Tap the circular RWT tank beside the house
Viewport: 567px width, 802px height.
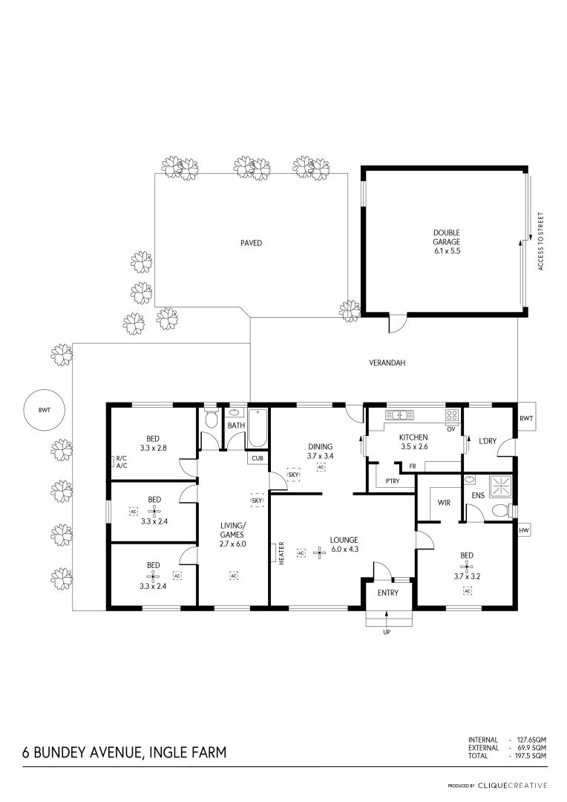coord(45,410)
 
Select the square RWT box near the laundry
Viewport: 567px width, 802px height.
coord(525,418)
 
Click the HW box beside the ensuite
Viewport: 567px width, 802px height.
coord(523,532)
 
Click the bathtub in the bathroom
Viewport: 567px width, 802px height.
coord(257,428)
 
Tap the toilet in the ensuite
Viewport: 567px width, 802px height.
coord(501,510)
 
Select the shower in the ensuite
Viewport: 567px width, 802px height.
coord(501,486)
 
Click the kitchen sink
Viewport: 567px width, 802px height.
coord(400,415)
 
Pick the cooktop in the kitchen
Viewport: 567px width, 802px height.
coord(452,415)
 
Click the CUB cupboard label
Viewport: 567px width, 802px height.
coord(258,458)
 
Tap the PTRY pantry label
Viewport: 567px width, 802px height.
coord(393,481)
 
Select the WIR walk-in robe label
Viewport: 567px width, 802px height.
coord(444,503)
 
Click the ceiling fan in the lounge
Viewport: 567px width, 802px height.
coord(320,553)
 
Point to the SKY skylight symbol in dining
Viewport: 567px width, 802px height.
coord(293,475)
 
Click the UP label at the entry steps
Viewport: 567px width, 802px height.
coord(387,633)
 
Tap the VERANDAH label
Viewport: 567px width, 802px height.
coord(387,363)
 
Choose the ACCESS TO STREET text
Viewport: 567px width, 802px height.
coord(540,241)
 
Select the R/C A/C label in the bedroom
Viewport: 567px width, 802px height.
coord(121,462)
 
